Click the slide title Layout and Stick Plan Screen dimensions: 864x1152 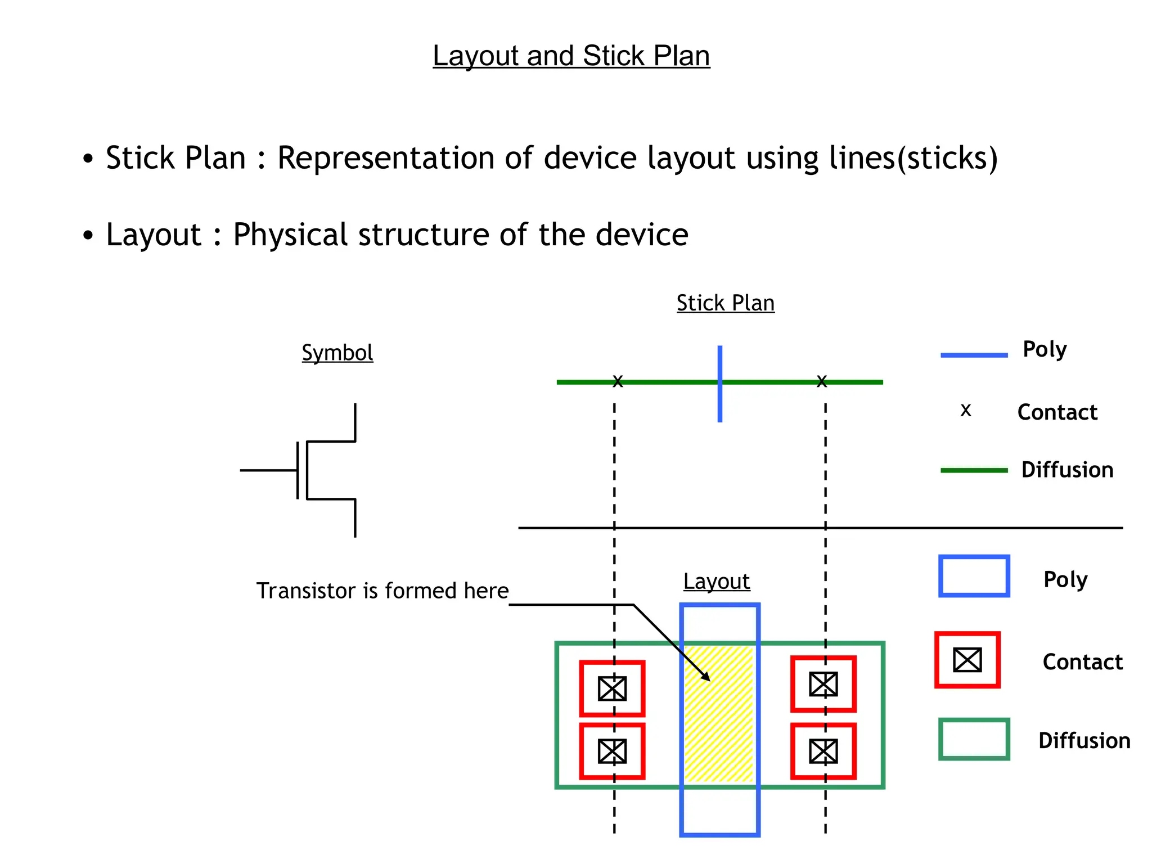[x=571, y=56]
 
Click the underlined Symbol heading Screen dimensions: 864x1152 [x=337, y=353]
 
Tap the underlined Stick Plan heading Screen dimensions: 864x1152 [x=725, y=303]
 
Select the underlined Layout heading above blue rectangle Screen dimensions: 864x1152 [x=716, y=581]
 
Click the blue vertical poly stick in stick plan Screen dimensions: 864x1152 [x=720, y=405]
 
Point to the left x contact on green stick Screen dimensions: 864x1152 [x=618, y=382]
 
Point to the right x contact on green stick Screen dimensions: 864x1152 [x=822, y=382]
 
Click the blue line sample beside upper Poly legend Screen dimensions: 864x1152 [x=974, y=355]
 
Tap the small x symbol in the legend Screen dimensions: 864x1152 [x=966, y=411]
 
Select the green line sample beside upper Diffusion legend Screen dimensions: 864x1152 [x=974, y=470]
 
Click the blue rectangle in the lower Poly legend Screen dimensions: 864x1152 [x=974, y=576]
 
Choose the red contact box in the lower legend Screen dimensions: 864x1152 [x=967, y=660]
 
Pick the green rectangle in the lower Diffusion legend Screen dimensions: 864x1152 [x=974, y=739]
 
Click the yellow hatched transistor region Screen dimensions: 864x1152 [x=719, y=731]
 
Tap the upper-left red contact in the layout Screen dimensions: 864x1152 [x=612, y=688]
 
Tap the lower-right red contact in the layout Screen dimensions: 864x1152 [x=823, y=751]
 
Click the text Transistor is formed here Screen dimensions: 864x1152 [x=382, y=591]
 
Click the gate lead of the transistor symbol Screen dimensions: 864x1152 [x=268, y=470]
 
